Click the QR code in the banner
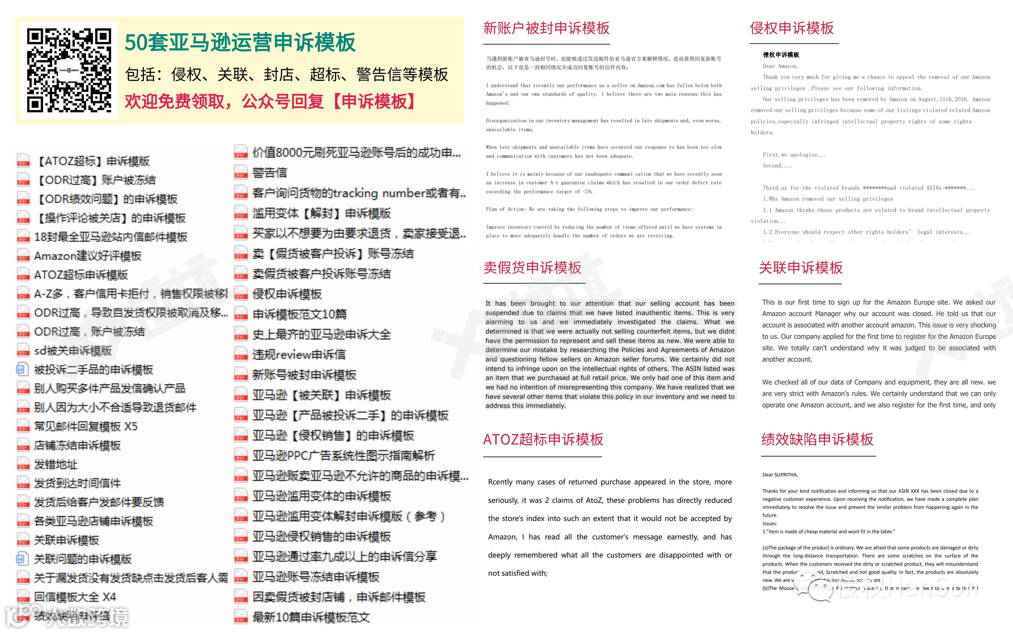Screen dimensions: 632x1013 pos(69,70)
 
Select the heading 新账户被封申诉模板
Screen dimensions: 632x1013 pos(546,28)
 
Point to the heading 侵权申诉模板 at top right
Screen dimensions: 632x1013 pos(792,28)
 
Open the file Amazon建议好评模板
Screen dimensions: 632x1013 pos(88,256)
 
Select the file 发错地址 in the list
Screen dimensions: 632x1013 pos(56,464)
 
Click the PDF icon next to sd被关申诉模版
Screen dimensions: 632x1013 pos(23,351)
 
